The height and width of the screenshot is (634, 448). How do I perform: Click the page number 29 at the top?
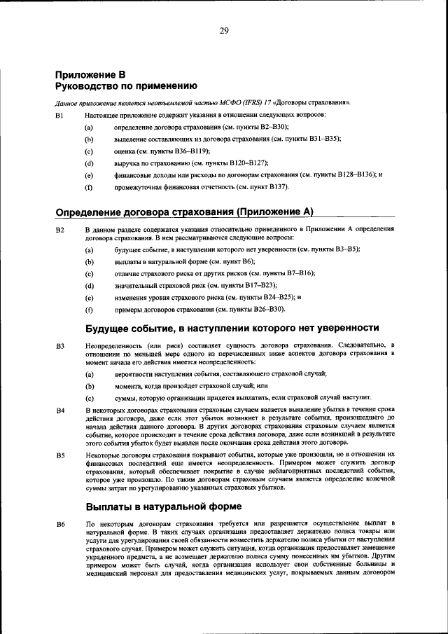point(224,29)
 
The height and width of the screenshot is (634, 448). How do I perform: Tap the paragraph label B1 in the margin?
point(59,114)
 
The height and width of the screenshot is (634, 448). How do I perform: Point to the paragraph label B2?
point(59,229)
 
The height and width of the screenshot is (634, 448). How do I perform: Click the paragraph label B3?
point(59,345)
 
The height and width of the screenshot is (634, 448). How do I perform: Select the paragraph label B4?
point(59,408)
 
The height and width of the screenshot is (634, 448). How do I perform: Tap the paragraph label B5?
point(59,454)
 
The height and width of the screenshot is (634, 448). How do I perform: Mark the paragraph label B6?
point(59,524)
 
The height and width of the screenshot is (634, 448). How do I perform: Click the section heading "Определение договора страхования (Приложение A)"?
point(183,212)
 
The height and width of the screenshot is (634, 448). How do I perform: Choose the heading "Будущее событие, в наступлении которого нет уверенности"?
point(232,327)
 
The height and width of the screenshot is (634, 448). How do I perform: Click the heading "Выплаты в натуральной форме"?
point(164,506)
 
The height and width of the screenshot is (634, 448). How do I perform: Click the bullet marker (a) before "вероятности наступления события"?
point(89,374)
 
